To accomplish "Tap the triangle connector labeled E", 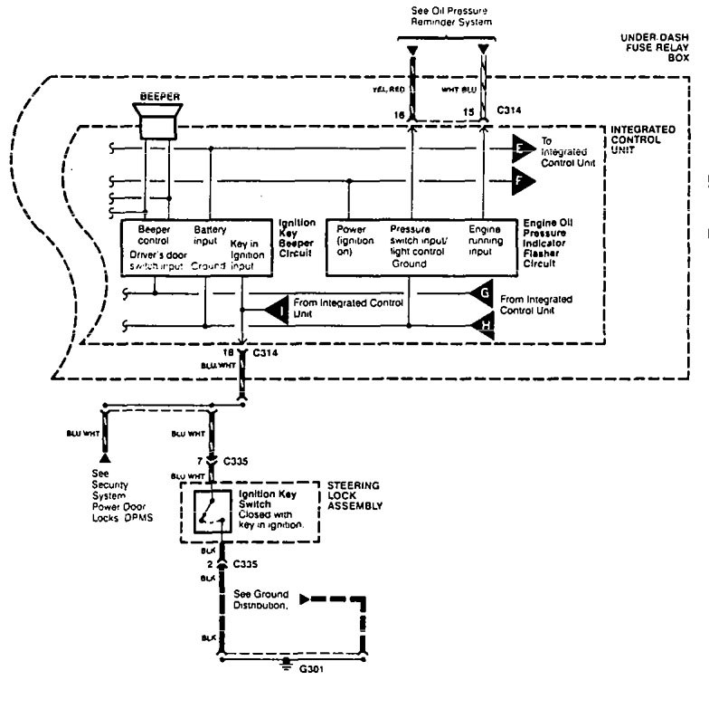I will click(x=523, y=146).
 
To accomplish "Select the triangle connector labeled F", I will click(x=523, y=180).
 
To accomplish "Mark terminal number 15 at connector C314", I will click(x=468, y=112).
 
